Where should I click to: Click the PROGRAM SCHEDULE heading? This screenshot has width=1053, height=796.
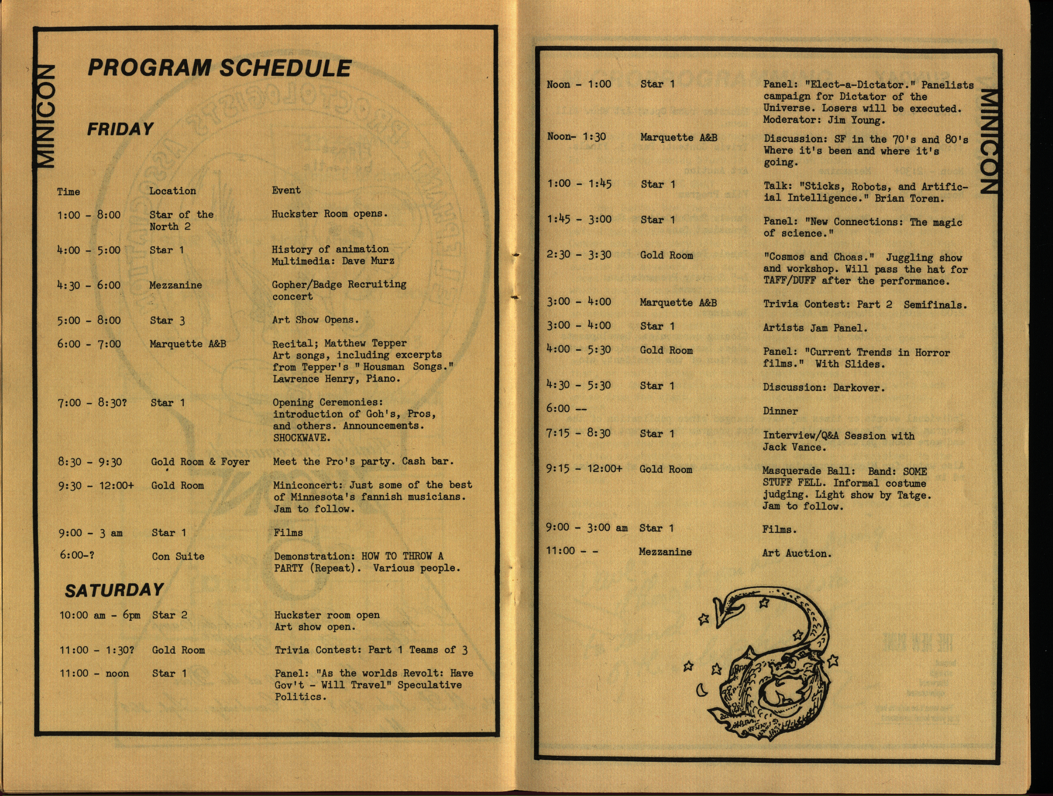219,68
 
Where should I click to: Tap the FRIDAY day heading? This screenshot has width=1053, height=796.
120,129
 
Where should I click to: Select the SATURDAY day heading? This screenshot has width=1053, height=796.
114,591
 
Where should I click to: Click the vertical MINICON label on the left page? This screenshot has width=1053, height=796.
46,116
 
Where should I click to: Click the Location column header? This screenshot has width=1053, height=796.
172,191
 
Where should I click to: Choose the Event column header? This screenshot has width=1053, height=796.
286,190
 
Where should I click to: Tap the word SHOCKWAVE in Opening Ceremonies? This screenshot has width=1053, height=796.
301,438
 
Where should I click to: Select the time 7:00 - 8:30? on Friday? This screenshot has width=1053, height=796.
92,403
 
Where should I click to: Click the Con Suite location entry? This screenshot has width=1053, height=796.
178,556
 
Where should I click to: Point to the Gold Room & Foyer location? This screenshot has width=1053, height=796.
200,462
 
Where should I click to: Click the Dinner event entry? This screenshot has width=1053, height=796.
780,411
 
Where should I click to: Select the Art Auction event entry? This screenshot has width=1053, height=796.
797,553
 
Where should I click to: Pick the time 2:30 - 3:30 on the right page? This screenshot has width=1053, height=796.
578,255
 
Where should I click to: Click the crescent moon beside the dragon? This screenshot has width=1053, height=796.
701,690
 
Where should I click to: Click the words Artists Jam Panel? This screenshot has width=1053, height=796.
815,328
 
